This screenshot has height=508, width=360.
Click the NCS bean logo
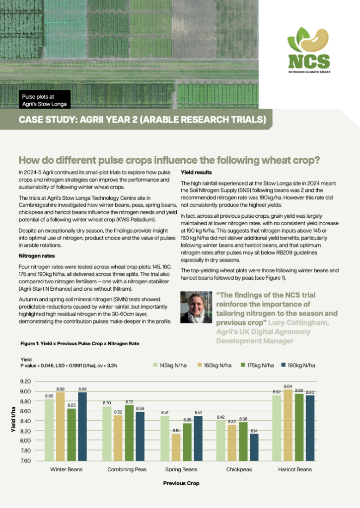tap(309, 50)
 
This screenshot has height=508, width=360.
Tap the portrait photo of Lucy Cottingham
tap(196, 307)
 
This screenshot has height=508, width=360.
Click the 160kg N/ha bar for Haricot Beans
tap(288, 425)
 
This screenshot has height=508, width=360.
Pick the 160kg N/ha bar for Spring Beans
tap(176, 447)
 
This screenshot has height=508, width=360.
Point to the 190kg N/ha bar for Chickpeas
tap(254, 447)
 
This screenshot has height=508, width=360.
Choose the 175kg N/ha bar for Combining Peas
tap(129, 433)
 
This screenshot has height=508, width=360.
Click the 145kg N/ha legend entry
tap(170, 365)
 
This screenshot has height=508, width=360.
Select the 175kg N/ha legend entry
tap(257, 365)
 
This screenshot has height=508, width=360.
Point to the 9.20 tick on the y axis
tap(25, 381)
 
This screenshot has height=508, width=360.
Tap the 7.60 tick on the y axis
tap(25, 460)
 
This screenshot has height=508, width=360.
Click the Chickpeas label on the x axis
tap(239, 469)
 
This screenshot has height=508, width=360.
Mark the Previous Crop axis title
tap(181, 483)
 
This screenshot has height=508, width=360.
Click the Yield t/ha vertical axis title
tap(13, 419)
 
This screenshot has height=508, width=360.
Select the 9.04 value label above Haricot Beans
tap(288, 386)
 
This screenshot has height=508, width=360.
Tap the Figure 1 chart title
tap(80, 343)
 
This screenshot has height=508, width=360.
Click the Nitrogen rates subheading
tap(37, 256)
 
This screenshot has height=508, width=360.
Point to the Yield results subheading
tap(196, 172)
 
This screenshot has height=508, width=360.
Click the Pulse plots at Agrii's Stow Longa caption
tap(44, 100)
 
